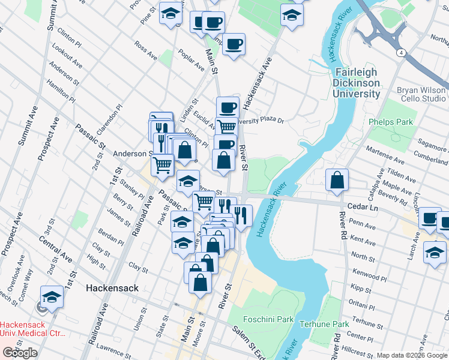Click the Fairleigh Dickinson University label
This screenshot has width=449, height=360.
357,83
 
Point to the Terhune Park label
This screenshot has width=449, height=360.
324,324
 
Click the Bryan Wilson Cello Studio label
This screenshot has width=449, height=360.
421,94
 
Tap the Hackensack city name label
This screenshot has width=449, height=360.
112,288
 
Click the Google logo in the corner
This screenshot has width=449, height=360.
20,353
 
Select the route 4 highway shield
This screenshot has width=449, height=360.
400,53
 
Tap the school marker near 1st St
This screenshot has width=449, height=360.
52,296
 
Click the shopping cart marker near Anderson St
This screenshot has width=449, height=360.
163,164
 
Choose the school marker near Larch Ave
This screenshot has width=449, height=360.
435,251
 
